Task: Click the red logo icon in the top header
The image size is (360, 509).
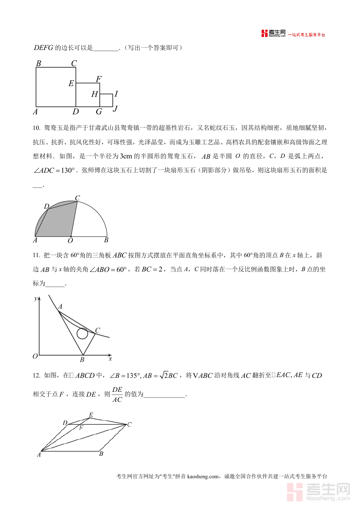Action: click(264, 34)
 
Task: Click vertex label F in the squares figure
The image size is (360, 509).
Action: click(98, 79)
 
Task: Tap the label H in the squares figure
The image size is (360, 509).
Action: click(94, 94)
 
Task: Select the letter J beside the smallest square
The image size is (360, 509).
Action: click(115, 108)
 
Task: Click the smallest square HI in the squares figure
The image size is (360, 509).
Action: click(106, 100)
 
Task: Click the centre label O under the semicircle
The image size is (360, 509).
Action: click(70, 241)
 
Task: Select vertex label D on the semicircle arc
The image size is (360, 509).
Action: click(46, 206)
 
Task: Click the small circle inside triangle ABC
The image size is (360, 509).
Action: click(82, 333)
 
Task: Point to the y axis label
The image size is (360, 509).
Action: click(36, 298)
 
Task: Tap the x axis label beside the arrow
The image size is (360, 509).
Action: click(110, 359)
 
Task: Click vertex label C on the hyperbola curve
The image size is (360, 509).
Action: click(97, 330)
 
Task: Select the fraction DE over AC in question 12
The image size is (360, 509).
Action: click(117, 394)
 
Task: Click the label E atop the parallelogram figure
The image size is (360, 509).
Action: click(91, 415)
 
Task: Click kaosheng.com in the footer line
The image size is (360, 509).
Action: click(203, 476)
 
